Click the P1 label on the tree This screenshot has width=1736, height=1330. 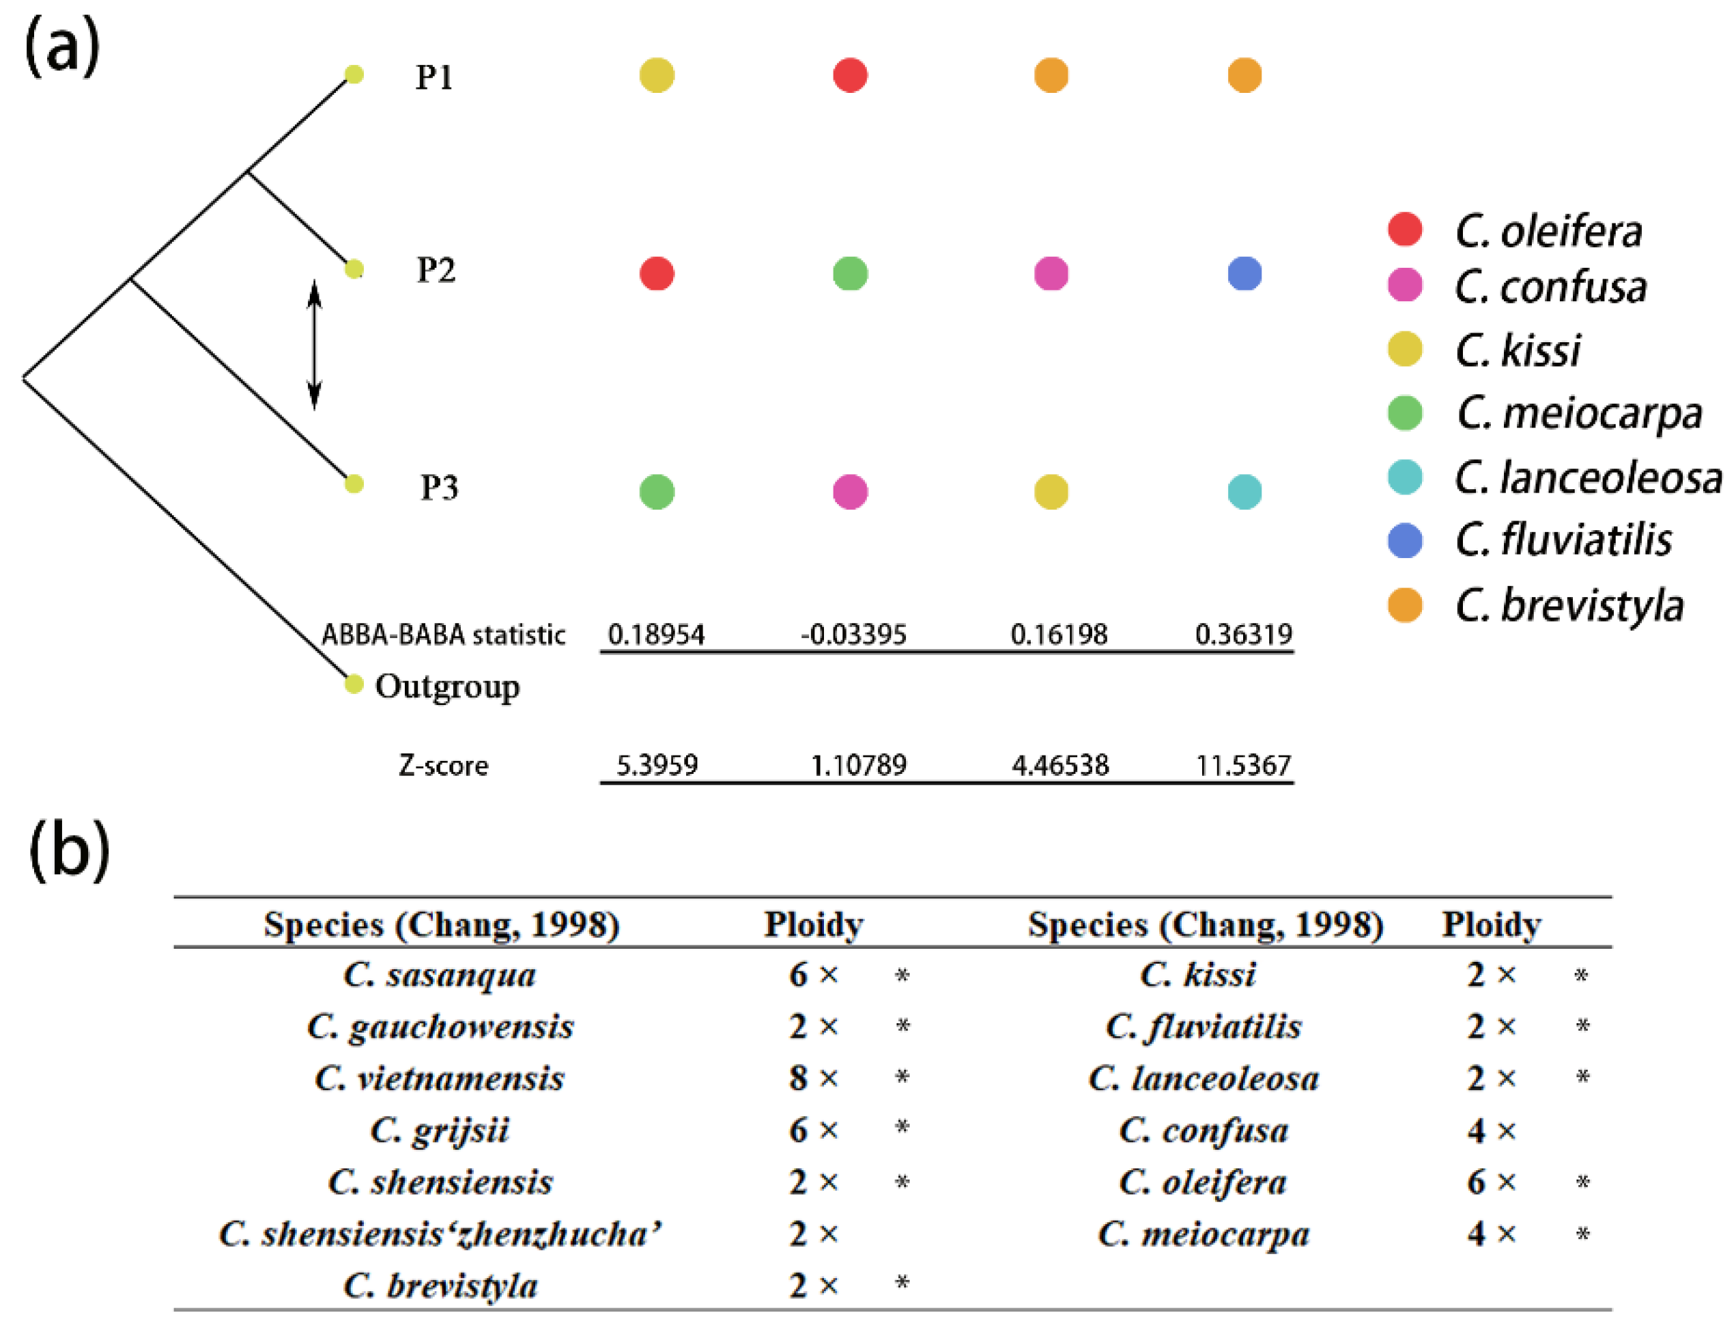point(433,77)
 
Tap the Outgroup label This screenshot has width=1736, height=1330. point(447,687)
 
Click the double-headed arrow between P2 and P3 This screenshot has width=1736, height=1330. point(314,344)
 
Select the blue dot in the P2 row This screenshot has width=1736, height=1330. point(1244,274)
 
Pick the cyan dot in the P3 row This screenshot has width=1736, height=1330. point(1244,492)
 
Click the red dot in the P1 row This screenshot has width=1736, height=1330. point(850,75)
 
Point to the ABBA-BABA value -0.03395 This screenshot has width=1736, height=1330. point(853,634)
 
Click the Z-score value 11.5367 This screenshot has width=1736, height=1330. point(1243,765)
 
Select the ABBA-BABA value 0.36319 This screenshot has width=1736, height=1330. point(1243,634)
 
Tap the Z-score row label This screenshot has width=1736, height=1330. point(443,766)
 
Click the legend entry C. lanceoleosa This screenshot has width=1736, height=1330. point(1587,477)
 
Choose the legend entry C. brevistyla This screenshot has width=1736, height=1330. point(1568,606)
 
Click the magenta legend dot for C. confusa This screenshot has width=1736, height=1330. point(1404,285)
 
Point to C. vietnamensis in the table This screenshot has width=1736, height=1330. point(439,1078)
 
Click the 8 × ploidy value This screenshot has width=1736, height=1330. point(812,1078)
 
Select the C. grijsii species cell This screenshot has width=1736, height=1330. point(439,1130)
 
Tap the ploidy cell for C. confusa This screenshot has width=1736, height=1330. point(1491,1131)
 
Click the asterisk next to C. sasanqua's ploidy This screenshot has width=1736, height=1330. point(901,975)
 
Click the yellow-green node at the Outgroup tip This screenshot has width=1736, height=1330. point(354,683)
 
